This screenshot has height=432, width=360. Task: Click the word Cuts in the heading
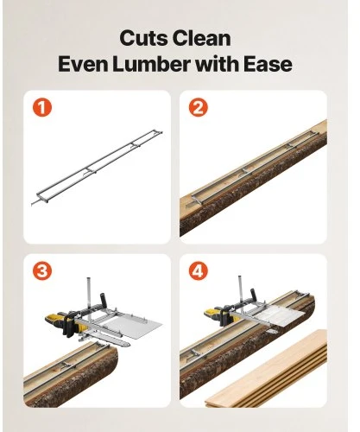[x=143, y=38]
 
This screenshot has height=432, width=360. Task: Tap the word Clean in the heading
[x=202, y=38]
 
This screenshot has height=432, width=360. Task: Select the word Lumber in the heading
[x=151, y=63]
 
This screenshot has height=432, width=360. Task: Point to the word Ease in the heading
[x=268, y=63]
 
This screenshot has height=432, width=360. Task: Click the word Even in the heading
[x=83, y=63]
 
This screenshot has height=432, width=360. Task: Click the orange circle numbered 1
[x=42, y=108]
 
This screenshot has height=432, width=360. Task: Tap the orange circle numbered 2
[x=199, y=108]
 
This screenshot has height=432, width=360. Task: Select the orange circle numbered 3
[x=42, y=271]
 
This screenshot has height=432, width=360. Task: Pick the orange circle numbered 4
[x=199, y=271]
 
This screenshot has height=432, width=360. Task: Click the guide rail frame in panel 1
[x=97, y=168]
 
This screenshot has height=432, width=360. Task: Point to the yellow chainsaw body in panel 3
[x=62, y=322]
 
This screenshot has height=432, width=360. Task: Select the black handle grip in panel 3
[x=104, y=301]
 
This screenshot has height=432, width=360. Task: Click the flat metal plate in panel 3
[x=132, y=327]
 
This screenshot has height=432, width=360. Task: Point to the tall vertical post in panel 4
[x=241, y=292]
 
